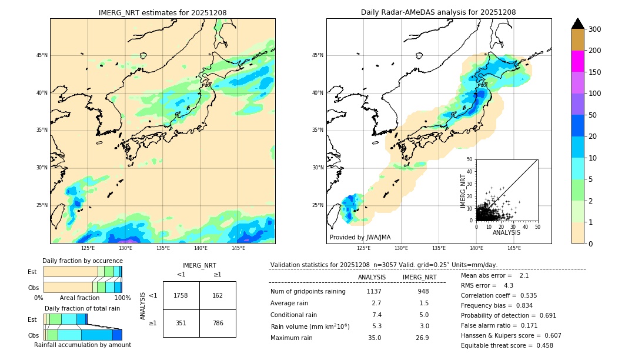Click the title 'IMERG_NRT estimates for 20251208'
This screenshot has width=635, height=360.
click(162, 12)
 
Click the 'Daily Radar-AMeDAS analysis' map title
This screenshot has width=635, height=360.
click(439, 12)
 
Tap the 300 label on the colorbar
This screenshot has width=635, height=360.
click(595, 29)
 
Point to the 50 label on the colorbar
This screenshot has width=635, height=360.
click(593, 115)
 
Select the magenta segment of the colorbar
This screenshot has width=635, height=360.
click(578, 61)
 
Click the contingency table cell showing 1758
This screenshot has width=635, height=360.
click(181, 295)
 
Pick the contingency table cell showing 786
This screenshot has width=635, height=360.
click(218, 323)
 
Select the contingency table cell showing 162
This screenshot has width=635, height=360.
click(218, 295)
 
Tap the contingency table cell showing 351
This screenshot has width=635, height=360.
click(181, 323)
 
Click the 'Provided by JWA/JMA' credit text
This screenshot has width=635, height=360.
click(360, 238)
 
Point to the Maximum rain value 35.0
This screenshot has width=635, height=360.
click(374, 338)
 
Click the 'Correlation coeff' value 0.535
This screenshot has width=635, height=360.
click(524, 296)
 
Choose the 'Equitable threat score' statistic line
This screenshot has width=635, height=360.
click(507, 346)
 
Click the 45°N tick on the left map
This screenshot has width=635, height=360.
click(42, 56)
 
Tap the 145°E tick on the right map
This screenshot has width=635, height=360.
click(514, 248)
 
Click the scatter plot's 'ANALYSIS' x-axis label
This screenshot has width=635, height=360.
click(507, 233)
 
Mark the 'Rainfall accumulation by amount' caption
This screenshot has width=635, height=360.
click(82, 345)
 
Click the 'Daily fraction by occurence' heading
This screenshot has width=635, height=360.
click(82, 261)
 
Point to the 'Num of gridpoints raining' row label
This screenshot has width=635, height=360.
click(308, 292)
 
